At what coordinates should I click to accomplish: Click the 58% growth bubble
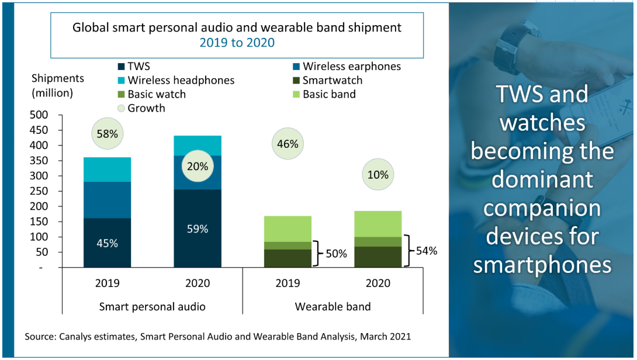pyautogui.click(x=108, y=134)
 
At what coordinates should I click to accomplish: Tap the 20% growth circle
pyautogui.click(x=198, y=166)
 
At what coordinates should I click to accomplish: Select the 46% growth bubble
pyautogui.click(x=289, y=144)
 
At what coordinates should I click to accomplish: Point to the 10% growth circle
pyautogui.click(x=378, y=174)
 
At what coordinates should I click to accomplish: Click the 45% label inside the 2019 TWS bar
pyautogui.click(x=108, y=243)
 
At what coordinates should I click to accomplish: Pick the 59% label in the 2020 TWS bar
pyautogui.click(x=198, y=229)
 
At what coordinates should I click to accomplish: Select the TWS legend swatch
pyautogui.click(x=121, y=67)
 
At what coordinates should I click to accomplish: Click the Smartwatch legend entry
pyautogui.click(x=332, y=81)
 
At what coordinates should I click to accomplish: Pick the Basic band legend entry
pyautogui.click(x=328, y=94)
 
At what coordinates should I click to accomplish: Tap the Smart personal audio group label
pyautogui.click(x=152, y=306)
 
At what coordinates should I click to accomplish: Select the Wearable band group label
pyautogui.click(x=333, y=306)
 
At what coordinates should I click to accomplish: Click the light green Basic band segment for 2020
pyautogui.click(x=378, y=224)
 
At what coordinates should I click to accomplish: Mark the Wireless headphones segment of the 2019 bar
pyautogui.click(x=108, y=169)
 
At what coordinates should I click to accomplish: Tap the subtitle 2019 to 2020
pyautogui.click(x=237, y=43)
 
